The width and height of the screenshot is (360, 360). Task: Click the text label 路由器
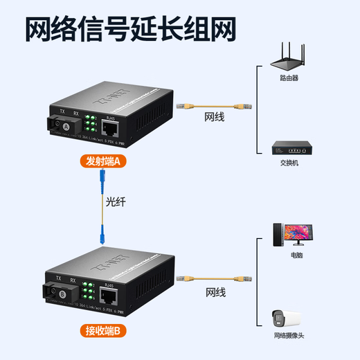pos(289,78)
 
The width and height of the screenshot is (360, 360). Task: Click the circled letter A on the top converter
pos(66,126)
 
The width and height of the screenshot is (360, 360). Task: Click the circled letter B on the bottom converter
pos(64,294)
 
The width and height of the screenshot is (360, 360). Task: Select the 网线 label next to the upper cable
pos(214,118)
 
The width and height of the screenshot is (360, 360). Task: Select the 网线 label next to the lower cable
pos(215,292)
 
